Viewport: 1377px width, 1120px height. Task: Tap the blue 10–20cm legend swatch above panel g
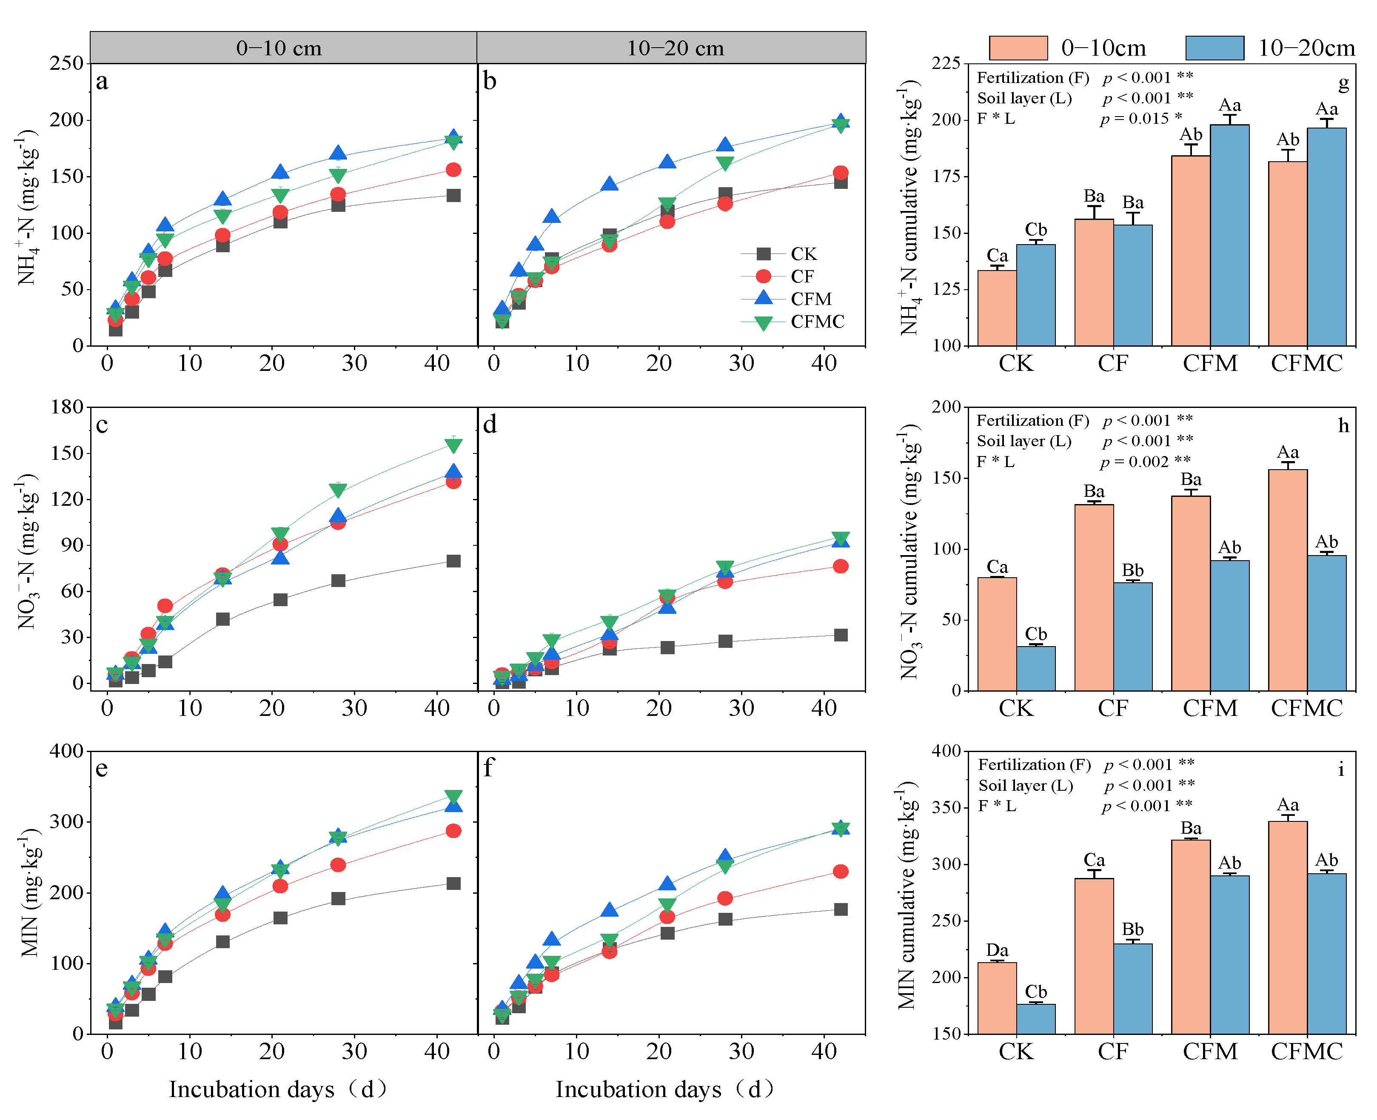1214,48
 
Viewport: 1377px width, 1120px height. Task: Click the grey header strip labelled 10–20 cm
671,48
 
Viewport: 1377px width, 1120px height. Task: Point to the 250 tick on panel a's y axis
67,63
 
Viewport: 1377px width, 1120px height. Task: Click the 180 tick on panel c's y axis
67,407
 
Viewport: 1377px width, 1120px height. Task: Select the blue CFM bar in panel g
1229,236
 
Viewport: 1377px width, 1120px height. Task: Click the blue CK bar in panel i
1036,1019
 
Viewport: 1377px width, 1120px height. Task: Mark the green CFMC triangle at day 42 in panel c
453,446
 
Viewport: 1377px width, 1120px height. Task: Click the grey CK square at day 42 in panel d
840,635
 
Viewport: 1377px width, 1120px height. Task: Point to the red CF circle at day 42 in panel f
840,872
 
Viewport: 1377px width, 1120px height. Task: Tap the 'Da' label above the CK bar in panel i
997,950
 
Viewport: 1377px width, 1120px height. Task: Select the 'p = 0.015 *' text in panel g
1141,119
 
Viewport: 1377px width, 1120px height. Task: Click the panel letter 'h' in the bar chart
1343,426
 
